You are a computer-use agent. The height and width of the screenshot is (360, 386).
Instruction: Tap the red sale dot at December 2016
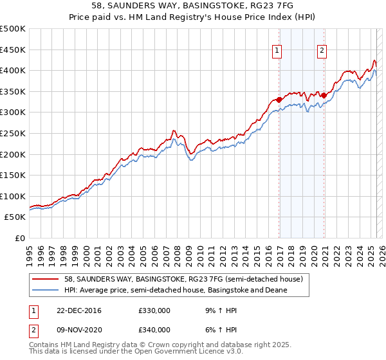tap(279, 100)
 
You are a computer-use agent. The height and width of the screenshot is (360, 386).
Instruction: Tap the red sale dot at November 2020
tap(324, 96)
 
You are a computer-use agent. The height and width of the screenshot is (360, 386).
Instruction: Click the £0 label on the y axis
tap(20, 239)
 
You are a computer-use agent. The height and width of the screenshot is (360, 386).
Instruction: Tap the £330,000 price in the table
tap(154, 311)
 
